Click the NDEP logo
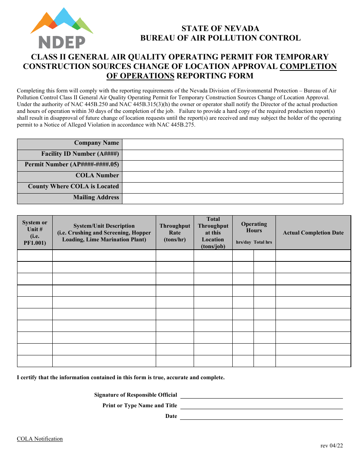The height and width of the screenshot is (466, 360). pyautogui.click(x=62, y=28)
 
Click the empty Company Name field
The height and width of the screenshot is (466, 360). pyautogui.click(x=232, y=144)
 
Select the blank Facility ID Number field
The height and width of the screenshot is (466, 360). pyautogui.click(x=232, y=155)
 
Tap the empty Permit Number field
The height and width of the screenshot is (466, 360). pyautogui.click(x=232, y=166)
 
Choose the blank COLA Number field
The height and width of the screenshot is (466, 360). pyautogui.click(x=232, y=177)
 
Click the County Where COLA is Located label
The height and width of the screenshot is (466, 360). pyautogui.click(x=73, y=186)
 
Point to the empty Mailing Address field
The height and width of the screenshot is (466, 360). pyautogui.click(x=232, y=199)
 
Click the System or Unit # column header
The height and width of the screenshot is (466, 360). pyautogui.click(x=35, y=233)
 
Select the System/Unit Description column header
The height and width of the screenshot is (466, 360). pyautogui.click(x=104, y=233)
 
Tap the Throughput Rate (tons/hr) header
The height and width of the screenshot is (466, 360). pyautogui.click(x=175, y=233)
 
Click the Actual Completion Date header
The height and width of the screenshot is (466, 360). pyautogui.click(x=313, y=233)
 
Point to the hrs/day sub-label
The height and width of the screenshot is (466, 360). pyautogui.click(x=244, y=242)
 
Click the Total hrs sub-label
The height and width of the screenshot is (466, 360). pyautogui.click(x=263, y=242)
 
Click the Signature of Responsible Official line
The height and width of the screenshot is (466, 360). pyautogui.click(x=261, y=395)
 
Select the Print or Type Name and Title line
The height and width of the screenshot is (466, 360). pyautogui.click(x=261, y=405)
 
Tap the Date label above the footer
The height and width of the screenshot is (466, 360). pyautogui.click(x=171, y=416)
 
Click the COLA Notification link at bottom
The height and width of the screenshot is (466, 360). pyautogui.click(x=40, y=439)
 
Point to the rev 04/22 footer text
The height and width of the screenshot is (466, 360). pyautogui.click(x=332, y=446)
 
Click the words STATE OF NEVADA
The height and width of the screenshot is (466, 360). pyautogui.click(x=220, y=28)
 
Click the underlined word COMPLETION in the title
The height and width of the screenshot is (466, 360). pyautogui.click(x=308, y=66)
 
